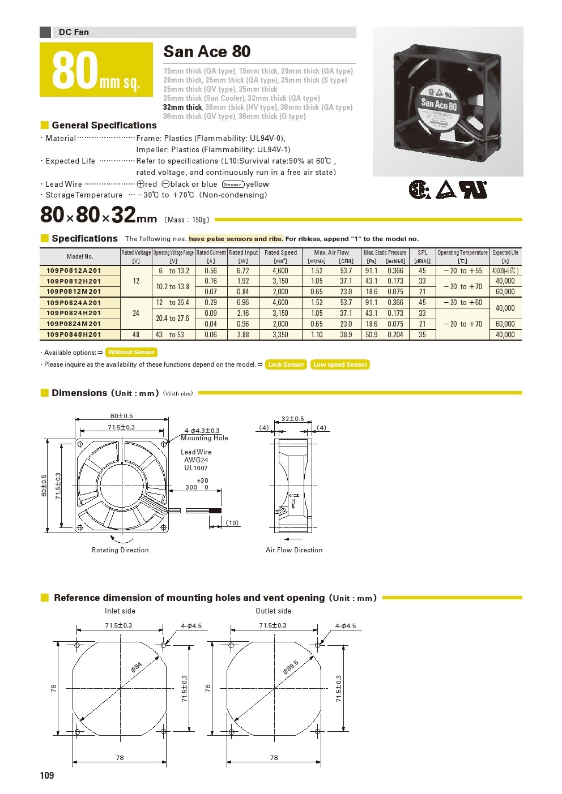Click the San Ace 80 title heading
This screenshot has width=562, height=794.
click(207, 51)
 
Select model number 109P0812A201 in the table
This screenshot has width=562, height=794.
click(74, 271)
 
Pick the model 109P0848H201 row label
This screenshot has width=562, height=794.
click(74, 334)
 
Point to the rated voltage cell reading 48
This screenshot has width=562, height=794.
click(136, 334)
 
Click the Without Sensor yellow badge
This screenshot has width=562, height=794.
click(131, 352)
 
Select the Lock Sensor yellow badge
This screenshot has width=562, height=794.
click(286, 364)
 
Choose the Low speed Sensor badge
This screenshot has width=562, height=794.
click(340, 364)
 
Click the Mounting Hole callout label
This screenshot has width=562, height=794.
click(205, 438)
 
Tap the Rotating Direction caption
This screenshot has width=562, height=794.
click(120, 550)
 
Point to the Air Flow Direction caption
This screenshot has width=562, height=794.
click(294, 550)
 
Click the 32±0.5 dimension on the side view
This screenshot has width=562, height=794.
click(292, 419)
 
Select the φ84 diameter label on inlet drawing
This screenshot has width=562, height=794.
click(137, 667)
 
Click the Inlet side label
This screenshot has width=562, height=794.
click(120, 611)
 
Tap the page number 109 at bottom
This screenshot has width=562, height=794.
click(47, 775)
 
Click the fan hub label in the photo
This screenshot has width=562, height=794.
click(439, 105)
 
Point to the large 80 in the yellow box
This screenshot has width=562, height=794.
click(75, 71)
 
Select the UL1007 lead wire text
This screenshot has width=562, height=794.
click(196, 468)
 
